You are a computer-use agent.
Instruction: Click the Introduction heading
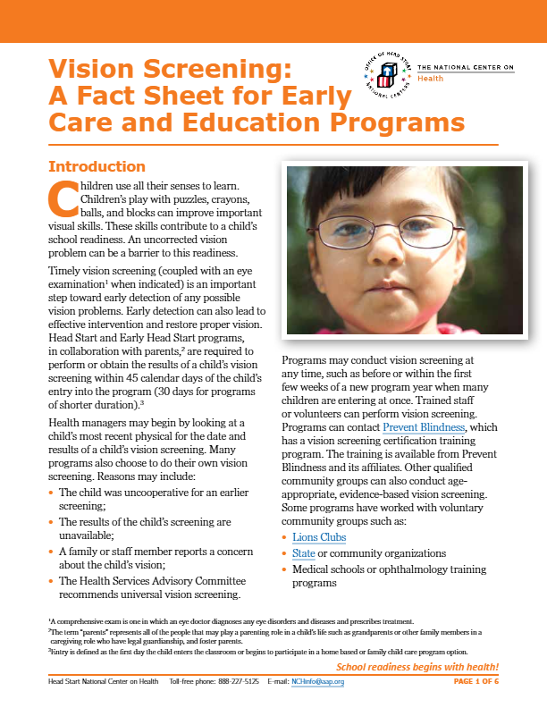pos(97,166)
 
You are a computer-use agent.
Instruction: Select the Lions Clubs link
pos(319,537)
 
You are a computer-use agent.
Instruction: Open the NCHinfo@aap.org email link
pos(318,682)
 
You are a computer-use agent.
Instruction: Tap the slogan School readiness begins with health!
pos(417,668)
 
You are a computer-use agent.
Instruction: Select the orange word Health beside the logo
pos(431,78)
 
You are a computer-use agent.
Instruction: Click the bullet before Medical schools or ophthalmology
pos(284,570)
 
